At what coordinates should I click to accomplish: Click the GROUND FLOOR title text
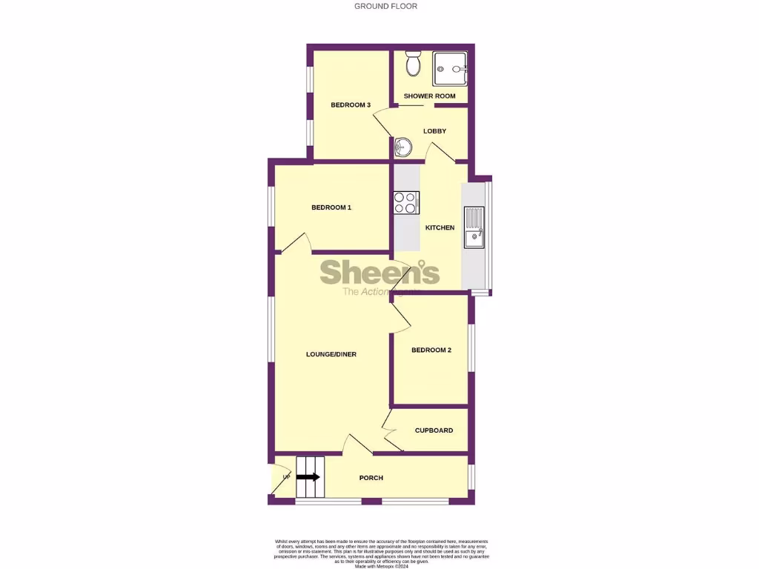pos(385,6)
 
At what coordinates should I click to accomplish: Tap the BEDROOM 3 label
pos(351,105)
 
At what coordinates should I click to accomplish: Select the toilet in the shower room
pos(414,65)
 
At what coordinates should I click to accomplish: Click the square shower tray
pos(450,69)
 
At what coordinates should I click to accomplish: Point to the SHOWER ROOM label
pos(430,96)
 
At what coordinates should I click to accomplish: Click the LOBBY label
pos(435,131)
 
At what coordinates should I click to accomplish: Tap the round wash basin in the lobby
pos(403,147)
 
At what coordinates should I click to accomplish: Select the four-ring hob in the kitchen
pos(406,203)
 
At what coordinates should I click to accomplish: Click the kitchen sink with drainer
pos(473,227)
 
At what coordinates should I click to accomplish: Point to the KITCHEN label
pos(440,227)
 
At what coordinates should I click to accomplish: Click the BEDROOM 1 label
pos(331,207)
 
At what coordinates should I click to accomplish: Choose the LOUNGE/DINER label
pos(331,354)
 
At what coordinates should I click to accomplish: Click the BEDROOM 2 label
pos(431,350)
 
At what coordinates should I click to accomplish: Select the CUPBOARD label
pos(434,430)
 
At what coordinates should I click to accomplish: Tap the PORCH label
pos(371,478)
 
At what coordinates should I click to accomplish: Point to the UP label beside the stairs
pos(285,477)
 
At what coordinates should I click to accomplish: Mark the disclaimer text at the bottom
pos(382,553)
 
